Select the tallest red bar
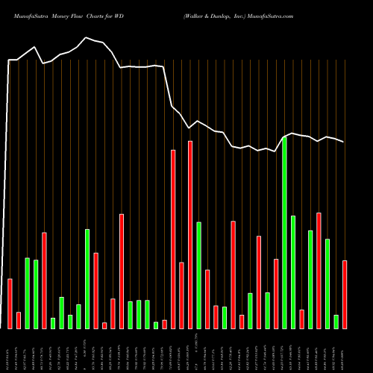[190, 234]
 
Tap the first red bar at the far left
[10, 303]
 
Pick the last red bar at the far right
[345, 294]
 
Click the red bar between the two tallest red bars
[181, 295]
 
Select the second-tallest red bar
[173, 239]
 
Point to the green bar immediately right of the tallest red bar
[198, 275]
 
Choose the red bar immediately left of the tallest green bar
[276, 293]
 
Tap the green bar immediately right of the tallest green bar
[293, 272]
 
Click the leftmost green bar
[28, 292]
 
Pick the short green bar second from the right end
[336, 322]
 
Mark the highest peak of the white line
[87, 37]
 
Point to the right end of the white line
[344, 142]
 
